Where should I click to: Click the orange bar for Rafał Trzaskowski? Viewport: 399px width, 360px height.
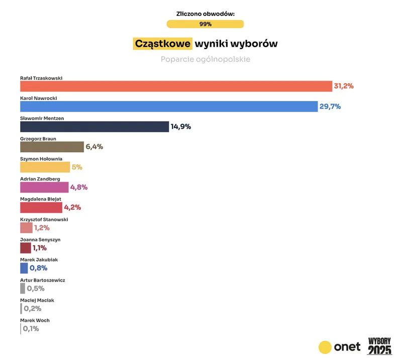coord(176,86)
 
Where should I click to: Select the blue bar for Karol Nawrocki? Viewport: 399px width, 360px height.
coord(169,106)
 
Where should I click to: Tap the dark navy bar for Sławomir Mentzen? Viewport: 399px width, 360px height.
coord(94,127)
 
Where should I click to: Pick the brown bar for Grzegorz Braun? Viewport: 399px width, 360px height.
coord(52,147)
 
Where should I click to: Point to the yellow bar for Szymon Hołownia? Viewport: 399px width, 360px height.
coord(45,167)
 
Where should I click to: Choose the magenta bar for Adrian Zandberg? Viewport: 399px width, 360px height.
coord(44,187)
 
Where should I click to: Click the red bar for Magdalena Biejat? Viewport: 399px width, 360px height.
coord(41,207)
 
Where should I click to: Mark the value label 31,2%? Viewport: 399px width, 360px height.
coord(344,86)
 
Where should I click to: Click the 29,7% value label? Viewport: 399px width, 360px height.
coord(330,106)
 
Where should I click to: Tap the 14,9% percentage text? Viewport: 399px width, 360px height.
coord(181,127)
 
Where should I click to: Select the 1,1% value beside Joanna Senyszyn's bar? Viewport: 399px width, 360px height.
coord(40,248)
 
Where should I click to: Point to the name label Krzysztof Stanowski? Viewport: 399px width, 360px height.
coord(44,219)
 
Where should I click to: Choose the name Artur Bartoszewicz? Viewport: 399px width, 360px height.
coord(42,280)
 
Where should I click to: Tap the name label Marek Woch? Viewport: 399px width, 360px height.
coord(35,320)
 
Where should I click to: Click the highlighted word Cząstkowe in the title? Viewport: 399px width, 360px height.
coord(162,44)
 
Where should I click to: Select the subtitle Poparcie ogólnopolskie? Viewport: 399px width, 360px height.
coord(206,59)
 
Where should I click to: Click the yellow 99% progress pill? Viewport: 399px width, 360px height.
coord(205,24)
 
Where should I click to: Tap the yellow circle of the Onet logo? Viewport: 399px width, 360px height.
coord(326,347)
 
